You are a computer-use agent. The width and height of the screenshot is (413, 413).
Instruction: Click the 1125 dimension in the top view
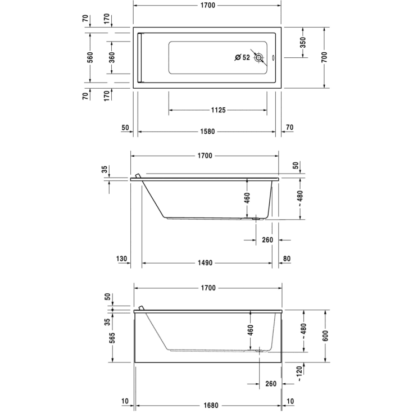[217, 110]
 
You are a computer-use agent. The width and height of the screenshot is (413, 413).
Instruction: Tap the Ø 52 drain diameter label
[242, 57]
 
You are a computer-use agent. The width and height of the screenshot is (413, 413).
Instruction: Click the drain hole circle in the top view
[258, 57]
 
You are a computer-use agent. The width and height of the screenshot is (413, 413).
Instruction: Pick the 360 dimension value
[111, 57]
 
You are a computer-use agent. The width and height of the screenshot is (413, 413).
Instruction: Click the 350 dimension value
[303, 42]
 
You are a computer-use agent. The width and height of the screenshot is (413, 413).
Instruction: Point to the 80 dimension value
[288, 259]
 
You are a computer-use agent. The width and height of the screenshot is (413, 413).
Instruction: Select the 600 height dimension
[325, 335]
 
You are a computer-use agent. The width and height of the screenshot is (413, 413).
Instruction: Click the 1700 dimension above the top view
[207, 5]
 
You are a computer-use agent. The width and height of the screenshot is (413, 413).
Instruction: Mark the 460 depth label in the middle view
[246, 199]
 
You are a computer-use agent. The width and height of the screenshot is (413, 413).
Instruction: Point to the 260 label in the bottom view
[270, 384]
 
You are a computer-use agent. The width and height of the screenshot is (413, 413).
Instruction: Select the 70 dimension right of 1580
[289, 128]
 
